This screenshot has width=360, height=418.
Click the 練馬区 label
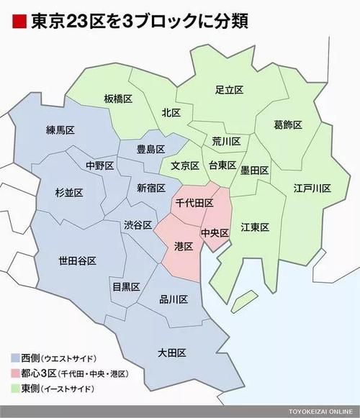(60, 130)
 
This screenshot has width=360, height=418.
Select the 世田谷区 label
(77, 261)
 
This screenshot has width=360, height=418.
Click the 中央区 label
(214, 233)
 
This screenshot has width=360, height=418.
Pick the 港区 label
(184, 246)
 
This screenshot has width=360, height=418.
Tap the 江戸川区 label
(311, 188)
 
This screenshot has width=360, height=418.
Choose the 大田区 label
(172, 353)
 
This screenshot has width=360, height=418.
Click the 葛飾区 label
(287, 124)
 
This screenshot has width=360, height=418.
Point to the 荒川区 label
(226, 141)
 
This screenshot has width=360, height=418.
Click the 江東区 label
(254, 227)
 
